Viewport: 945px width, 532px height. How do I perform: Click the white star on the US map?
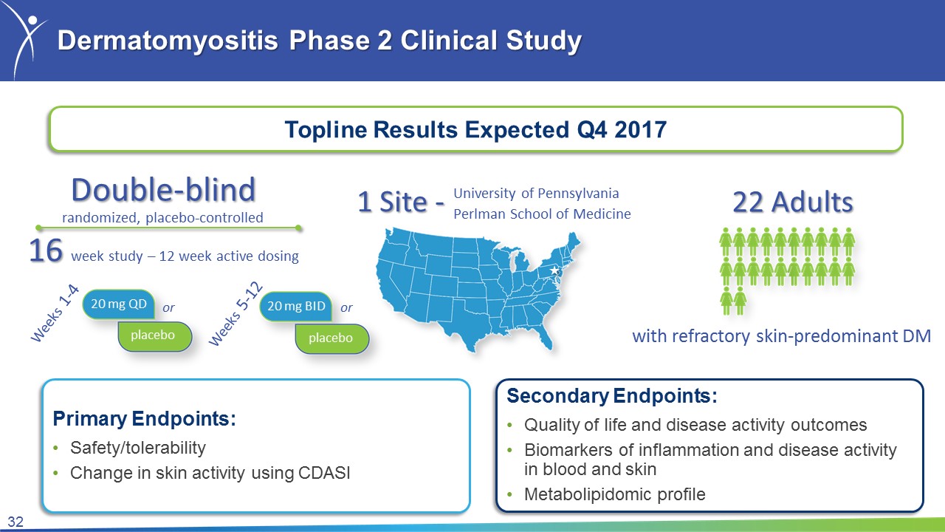click(x=554, y=270)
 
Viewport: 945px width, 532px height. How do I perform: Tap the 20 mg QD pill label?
click(x=119, y=304)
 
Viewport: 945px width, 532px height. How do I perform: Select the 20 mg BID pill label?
click(x=296, y=306)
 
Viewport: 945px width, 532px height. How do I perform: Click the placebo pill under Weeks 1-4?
click(x=155, y=336)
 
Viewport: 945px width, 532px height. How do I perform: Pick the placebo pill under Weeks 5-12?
click(x=332, y=338)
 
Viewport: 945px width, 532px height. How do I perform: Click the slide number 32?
click(x=16, y=522)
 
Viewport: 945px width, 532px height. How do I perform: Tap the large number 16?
click(x=46, y=250)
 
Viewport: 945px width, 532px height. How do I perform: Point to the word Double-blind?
click(x=163, y=190)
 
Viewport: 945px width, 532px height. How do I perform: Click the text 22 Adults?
click(x=793, y=202)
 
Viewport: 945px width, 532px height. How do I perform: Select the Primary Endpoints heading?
click(x=144, y=419)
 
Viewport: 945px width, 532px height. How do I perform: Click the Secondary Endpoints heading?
click(x=612, y=396)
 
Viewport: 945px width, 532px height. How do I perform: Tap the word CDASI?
click(x=324, y=473)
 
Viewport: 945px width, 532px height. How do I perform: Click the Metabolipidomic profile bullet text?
click(x=615, y=494)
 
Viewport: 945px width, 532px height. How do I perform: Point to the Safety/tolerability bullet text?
click(x=138, y=448)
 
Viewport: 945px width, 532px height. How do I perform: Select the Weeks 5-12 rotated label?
click(x=236, y=314)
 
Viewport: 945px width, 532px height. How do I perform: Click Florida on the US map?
click(x=543, y=335)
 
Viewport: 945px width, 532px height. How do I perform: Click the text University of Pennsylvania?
click(x=536, y=194)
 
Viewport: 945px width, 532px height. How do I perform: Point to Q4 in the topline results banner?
click(x=592, y=129)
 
